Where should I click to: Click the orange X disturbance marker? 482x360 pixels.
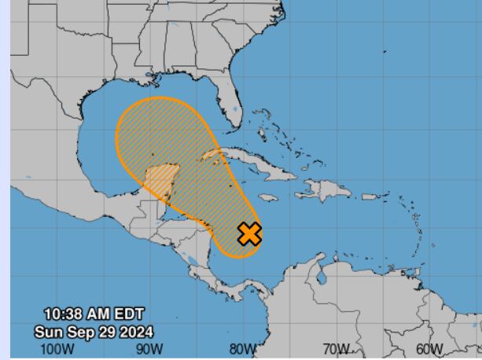pyautogui.click(x=249, y=233)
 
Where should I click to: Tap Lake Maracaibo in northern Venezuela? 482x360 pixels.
pyautogui.click(x=321, y=275)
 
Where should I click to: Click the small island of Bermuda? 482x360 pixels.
pyautogui.click(x=385, y=51)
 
